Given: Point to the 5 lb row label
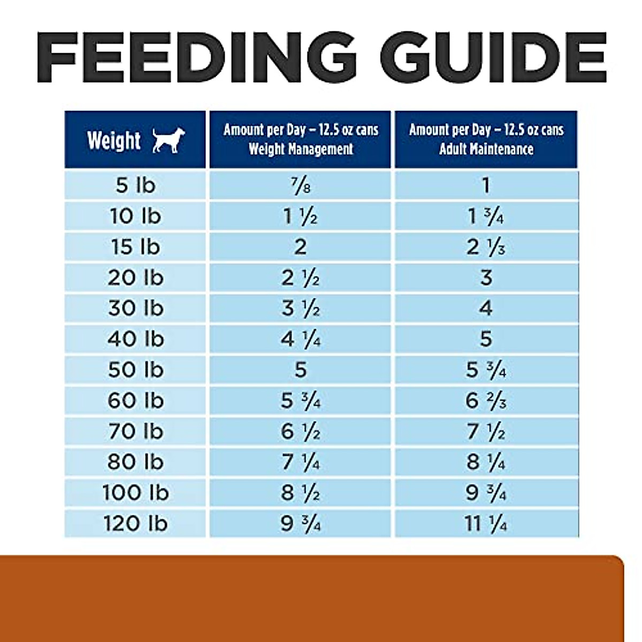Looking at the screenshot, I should click(135, 185).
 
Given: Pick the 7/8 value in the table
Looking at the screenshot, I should click(300, 186).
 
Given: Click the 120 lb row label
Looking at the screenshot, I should click(135, 523).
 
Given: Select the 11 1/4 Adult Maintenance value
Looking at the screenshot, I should click(485, 523).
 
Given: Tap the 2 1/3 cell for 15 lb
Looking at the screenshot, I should click(485, 247).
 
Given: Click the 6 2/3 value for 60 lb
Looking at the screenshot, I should click(485, 400).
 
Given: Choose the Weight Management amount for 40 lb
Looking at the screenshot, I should click(300, 339).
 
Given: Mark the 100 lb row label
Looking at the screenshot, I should click(135, 492).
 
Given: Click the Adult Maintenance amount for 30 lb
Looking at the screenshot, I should click(485, 308).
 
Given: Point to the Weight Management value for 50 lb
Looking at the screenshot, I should click(300, 369).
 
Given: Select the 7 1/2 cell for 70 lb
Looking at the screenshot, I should click(485, 431).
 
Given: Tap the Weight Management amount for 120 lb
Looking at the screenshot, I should click(300, 523).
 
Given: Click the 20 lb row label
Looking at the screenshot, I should click(135, 277).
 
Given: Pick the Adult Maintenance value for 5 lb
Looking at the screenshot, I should click(485, 185).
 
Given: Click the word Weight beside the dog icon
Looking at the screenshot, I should click(114, 140).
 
